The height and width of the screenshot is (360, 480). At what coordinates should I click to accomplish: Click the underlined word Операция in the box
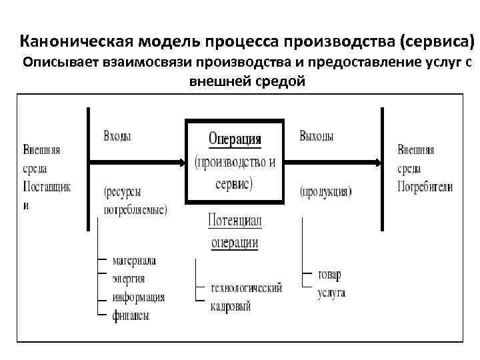235,139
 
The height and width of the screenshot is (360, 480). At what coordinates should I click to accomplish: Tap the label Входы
117,136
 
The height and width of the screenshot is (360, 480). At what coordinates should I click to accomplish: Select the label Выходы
317,136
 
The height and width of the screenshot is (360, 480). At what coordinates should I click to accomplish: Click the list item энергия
128,279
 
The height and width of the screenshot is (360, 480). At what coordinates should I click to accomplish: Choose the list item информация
138,297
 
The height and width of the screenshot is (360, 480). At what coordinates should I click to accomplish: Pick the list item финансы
130,315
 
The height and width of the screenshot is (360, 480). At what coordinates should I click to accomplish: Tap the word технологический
245,288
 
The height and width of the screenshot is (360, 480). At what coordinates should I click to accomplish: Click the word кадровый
230,306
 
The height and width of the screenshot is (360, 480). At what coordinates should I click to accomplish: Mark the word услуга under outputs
331,293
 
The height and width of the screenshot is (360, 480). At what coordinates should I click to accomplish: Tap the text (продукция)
325,192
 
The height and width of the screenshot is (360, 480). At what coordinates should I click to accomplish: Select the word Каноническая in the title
78,43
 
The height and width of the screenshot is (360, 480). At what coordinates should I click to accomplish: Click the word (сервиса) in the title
437,43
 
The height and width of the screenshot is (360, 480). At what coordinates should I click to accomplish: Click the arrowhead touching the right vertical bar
377,162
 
